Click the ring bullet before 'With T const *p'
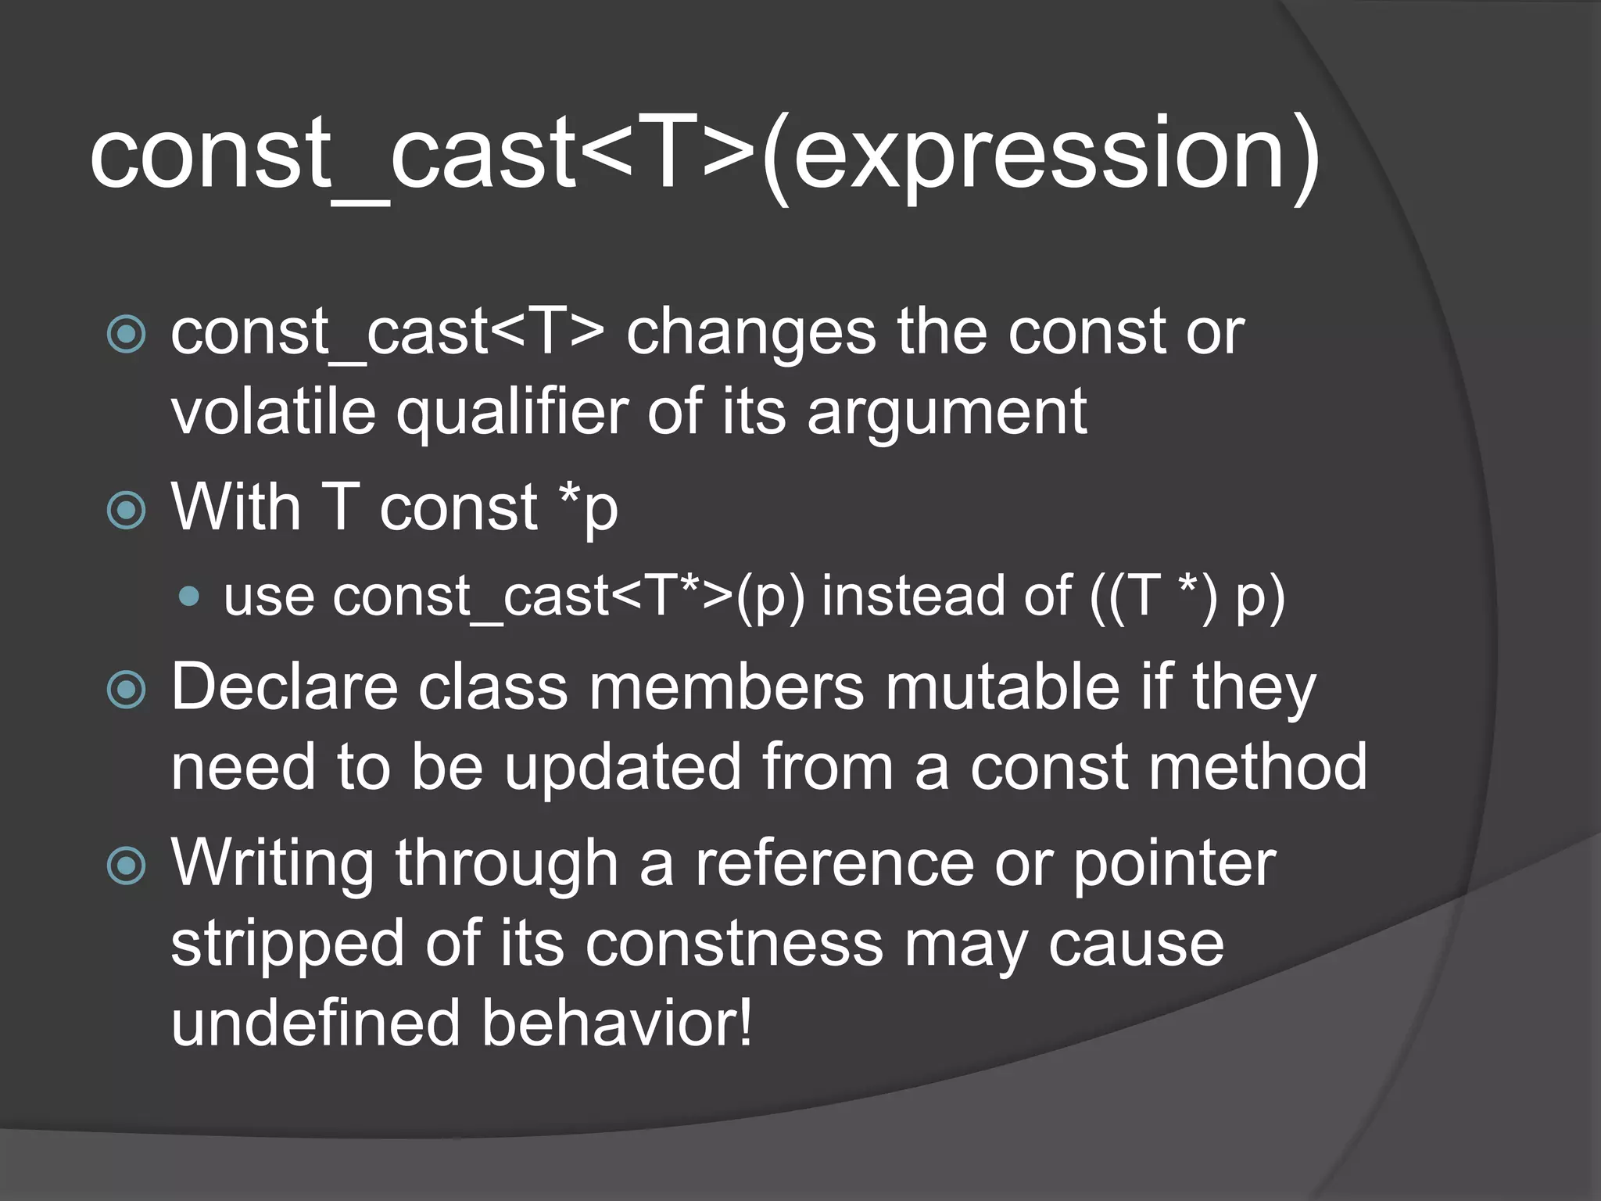tap(126, 510)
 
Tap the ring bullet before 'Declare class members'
tap(126, 690)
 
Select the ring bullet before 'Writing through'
tap(126, 865)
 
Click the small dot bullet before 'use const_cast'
tap(188, 597)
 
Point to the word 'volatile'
tap(273, 411)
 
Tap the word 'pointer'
tap(1174, 865)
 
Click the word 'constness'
tap(733, 945)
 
